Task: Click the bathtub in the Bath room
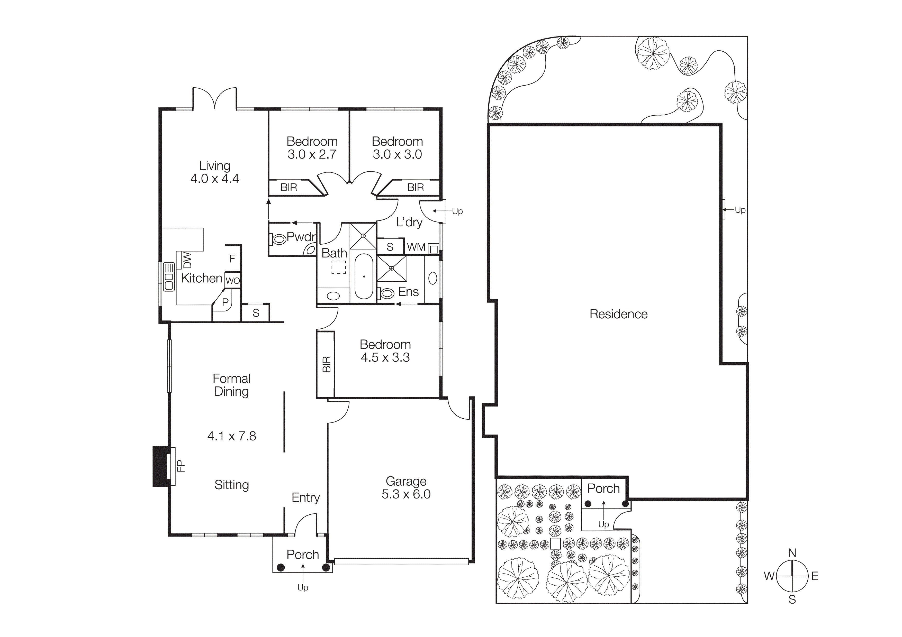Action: pos(364,276)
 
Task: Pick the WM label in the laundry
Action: pos(416,247)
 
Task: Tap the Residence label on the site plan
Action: pos(618,314)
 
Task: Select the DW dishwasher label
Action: pos(187,260)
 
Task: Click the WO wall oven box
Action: pos(233,281)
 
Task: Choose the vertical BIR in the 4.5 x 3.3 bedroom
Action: pos(326,364)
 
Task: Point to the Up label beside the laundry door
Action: pos(457,211)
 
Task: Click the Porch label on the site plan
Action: pos(603,489)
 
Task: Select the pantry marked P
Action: pos(225,302)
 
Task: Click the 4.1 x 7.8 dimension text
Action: pos(231,436)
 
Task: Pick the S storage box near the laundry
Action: pos(390,247)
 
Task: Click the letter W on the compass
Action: pos(769,576)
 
